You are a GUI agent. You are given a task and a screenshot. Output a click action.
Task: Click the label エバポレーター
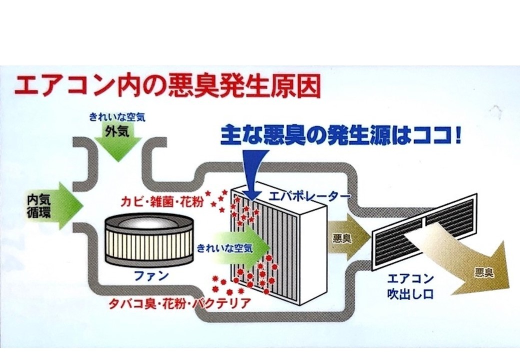tap(310, 194)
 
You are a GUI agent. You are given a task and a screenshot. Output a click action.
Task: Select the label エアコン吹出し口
tap(410, 285)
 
